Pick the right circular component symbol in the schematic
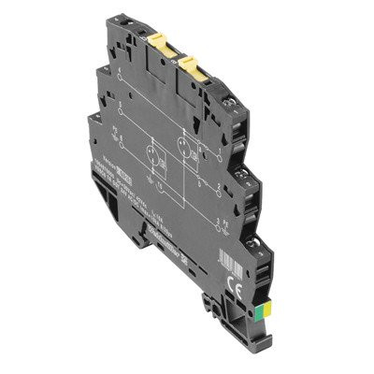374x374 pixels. point(184,147)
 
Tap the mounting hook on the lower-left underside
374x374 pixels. point(140,238)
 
